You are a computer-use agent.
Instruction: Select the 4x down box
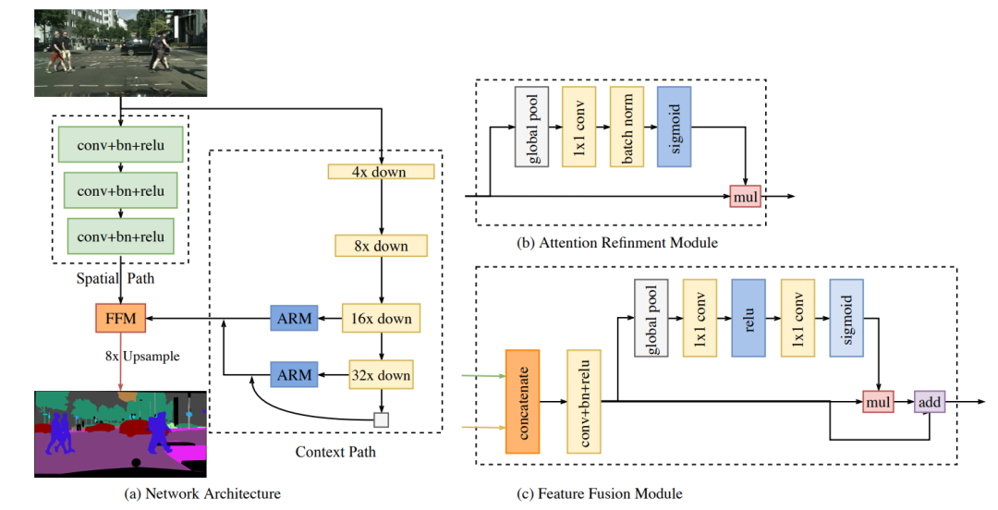point(381,172)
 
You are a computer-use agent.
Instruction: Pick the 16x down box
point(381,319)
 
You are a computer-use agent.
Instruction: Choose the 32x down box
point(381,375)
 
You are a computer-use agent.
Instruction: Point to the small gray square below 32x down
point(381,419)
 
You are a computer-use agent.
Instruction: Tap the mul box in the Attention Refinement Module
point(745,196)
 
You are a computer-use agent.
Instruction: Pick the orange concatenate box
point(522,401)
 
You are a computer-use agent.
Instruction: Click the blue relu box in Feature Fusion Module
point(748,318)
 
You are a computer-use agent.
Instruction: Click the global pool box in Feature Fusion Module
point(651,318)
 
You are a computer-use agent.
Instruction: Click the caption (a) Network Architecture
point(202,493)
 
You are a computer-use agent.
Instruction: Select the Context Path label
point(335,452)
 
